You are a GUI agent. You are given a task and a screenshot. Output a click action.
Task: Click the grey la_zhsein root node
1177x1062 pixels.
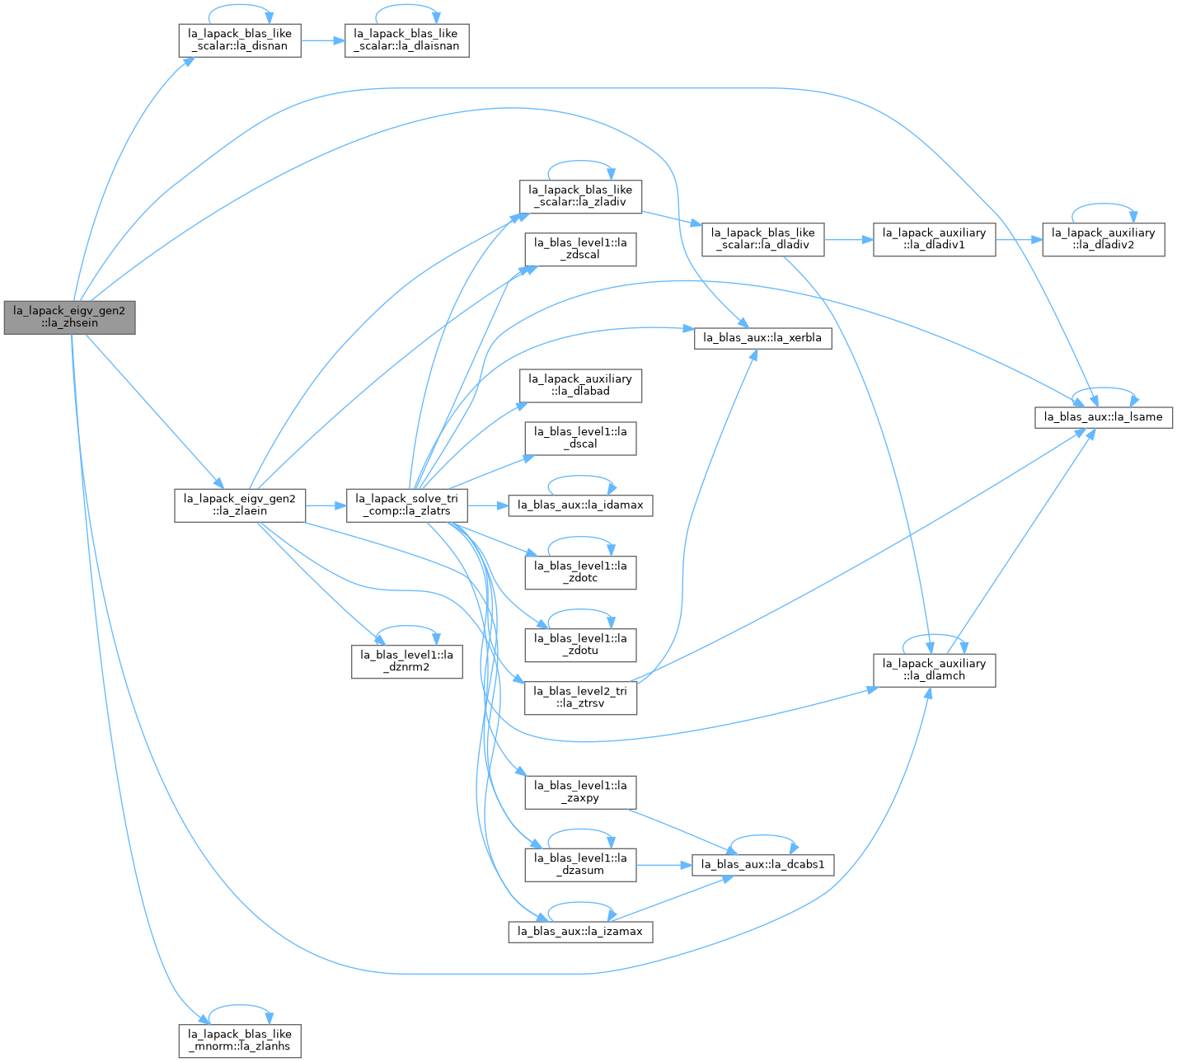(70, 317)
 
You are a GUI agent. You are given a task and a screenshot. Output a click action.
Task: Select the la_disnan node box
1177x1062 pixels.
(240, 40)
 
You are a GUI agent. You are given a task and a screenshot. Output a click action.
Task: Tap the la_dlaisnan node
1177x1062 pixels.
(406, 40)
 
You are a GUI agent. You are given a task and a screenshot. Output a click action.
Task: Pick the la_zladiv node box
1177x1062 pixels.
(580, 197)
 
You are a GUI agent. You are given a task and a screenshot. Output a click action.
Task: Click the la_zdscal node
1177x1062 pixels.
(580, 250)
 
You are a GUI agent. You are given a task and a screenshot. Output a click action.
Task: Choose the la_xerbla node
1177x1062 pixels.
(762, 338)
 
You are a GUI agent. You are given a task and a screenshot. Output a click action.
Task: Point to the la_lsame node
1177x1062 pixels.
(1104, 417)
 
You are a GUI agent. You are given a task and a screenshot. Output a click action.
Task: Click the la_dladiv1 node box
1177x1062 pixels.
(934, 239)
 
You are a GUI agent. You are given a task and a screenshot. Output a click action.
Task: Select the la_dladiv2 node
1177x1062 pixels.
(1104, 239)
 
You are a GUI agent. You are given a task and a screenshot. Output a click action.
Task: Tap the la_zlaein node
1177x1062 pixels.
(240, 505)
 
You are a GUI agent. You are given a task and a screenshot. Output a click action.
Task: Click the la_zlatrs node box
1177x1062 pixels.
(406, 505)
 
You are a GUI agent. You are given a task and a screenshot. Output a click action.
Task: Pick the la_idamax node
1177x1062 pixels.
(580, 505)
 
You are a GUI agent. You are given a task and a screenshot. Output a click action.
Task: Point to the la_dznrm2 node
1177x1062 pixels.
(407, 661)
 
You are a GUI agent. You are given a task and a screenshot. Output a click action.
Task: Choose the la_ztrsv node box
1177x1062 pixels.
(580, 698)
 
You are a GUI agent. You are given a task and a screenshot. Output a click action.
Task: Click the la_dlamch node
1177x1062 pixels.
(934, 670)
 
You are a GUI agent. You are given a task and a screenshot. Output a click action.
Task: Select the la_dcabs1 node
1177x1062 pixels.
(762, 865)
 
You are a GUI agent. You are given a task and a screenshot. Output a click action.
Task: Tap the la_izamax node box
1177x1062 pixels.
(580, 932)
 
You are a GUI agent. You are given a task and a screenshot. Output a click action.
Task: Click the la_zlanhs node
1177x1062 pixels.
(240, 1041)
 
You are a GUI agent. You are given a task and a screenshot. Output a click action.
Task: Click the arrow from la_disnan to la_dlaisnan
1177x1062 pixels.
(323, 40)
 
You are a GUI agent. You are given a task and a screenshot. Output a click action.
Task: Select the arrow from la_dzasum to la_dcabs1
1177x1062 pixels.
(664, 865)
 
